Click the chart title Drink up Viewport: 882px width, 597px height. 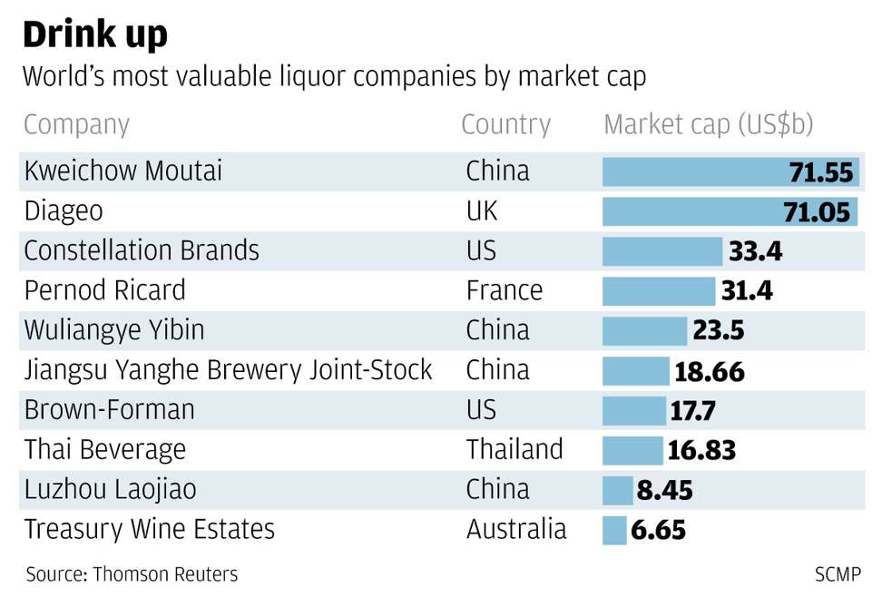click(x=94, y=34)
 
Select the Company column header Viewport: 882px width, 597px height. click(x=76, y=124)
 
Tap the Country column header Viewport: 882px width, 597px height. click(x=505, y=124)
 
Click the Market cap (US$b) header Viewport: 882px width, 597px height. click(x=708, y=124)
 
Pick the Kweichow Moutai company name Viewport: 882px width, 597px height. click(x=122, y=171)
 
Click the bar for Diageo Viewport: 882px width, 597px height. click(x=690, y=211)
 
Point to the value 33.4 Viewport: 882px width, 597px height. click(x=754, y=251)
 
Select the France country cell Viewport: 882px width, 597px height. click(x=504, y=290)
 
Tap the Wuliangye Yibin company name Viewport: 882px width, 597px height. click(x=113, y=330)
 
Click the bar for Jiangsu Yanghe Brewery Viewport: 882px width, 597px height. click(x=635, y=370)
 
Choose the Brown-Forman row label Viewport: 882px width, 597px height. click(x=109, y=410)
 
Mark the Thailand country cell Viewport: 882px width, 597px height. click(x=514, y=449)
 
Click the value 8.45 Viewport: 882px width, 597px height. click(x=664, y=490)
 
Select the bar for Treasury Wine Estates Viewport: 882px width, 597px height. click(x=614, y=530)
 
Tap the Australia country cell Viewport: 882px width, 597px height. click(x=515, y=529)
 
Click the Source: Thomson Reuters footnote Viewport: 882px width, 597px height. click(x=132, y=574)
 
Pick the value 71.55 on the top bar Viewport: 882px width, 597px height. click(x=820, y=171)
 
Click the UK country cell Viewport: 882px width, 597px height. click(x=482, y=211)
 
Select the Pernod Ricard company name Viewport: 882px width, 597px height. click(x=104, y=290)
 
